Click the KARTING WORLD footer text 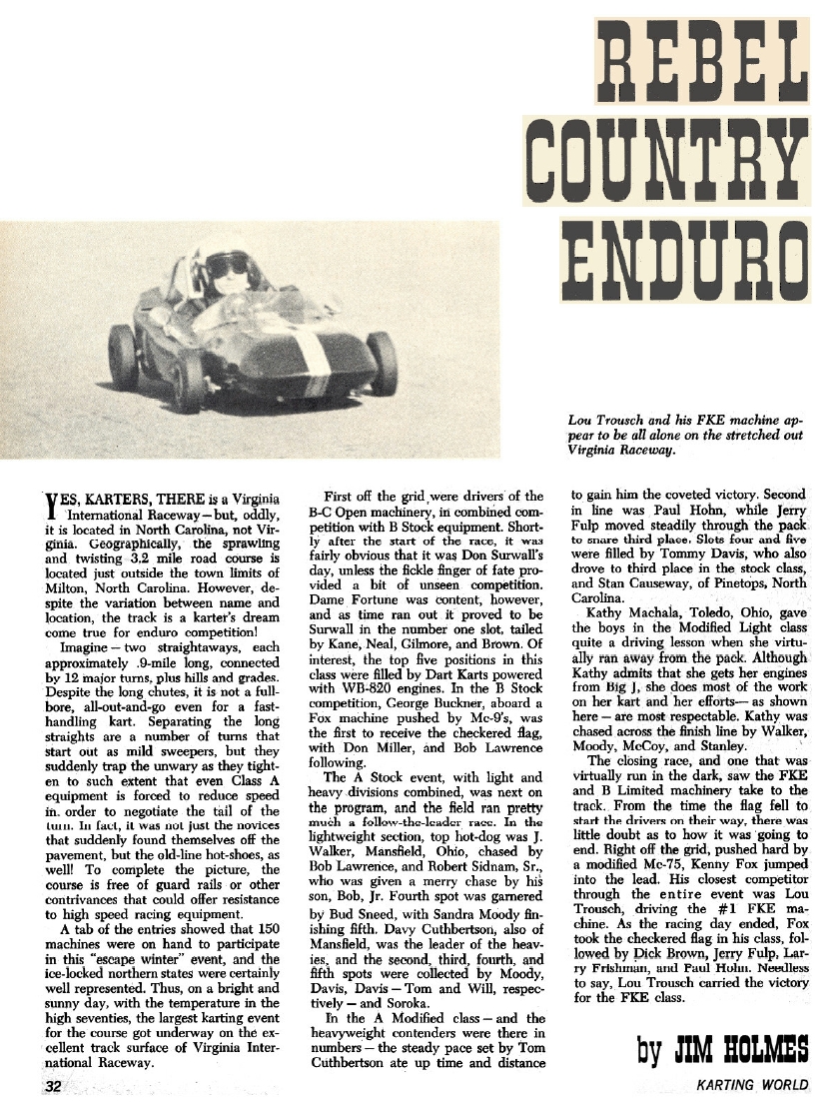coord(753,1086)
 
